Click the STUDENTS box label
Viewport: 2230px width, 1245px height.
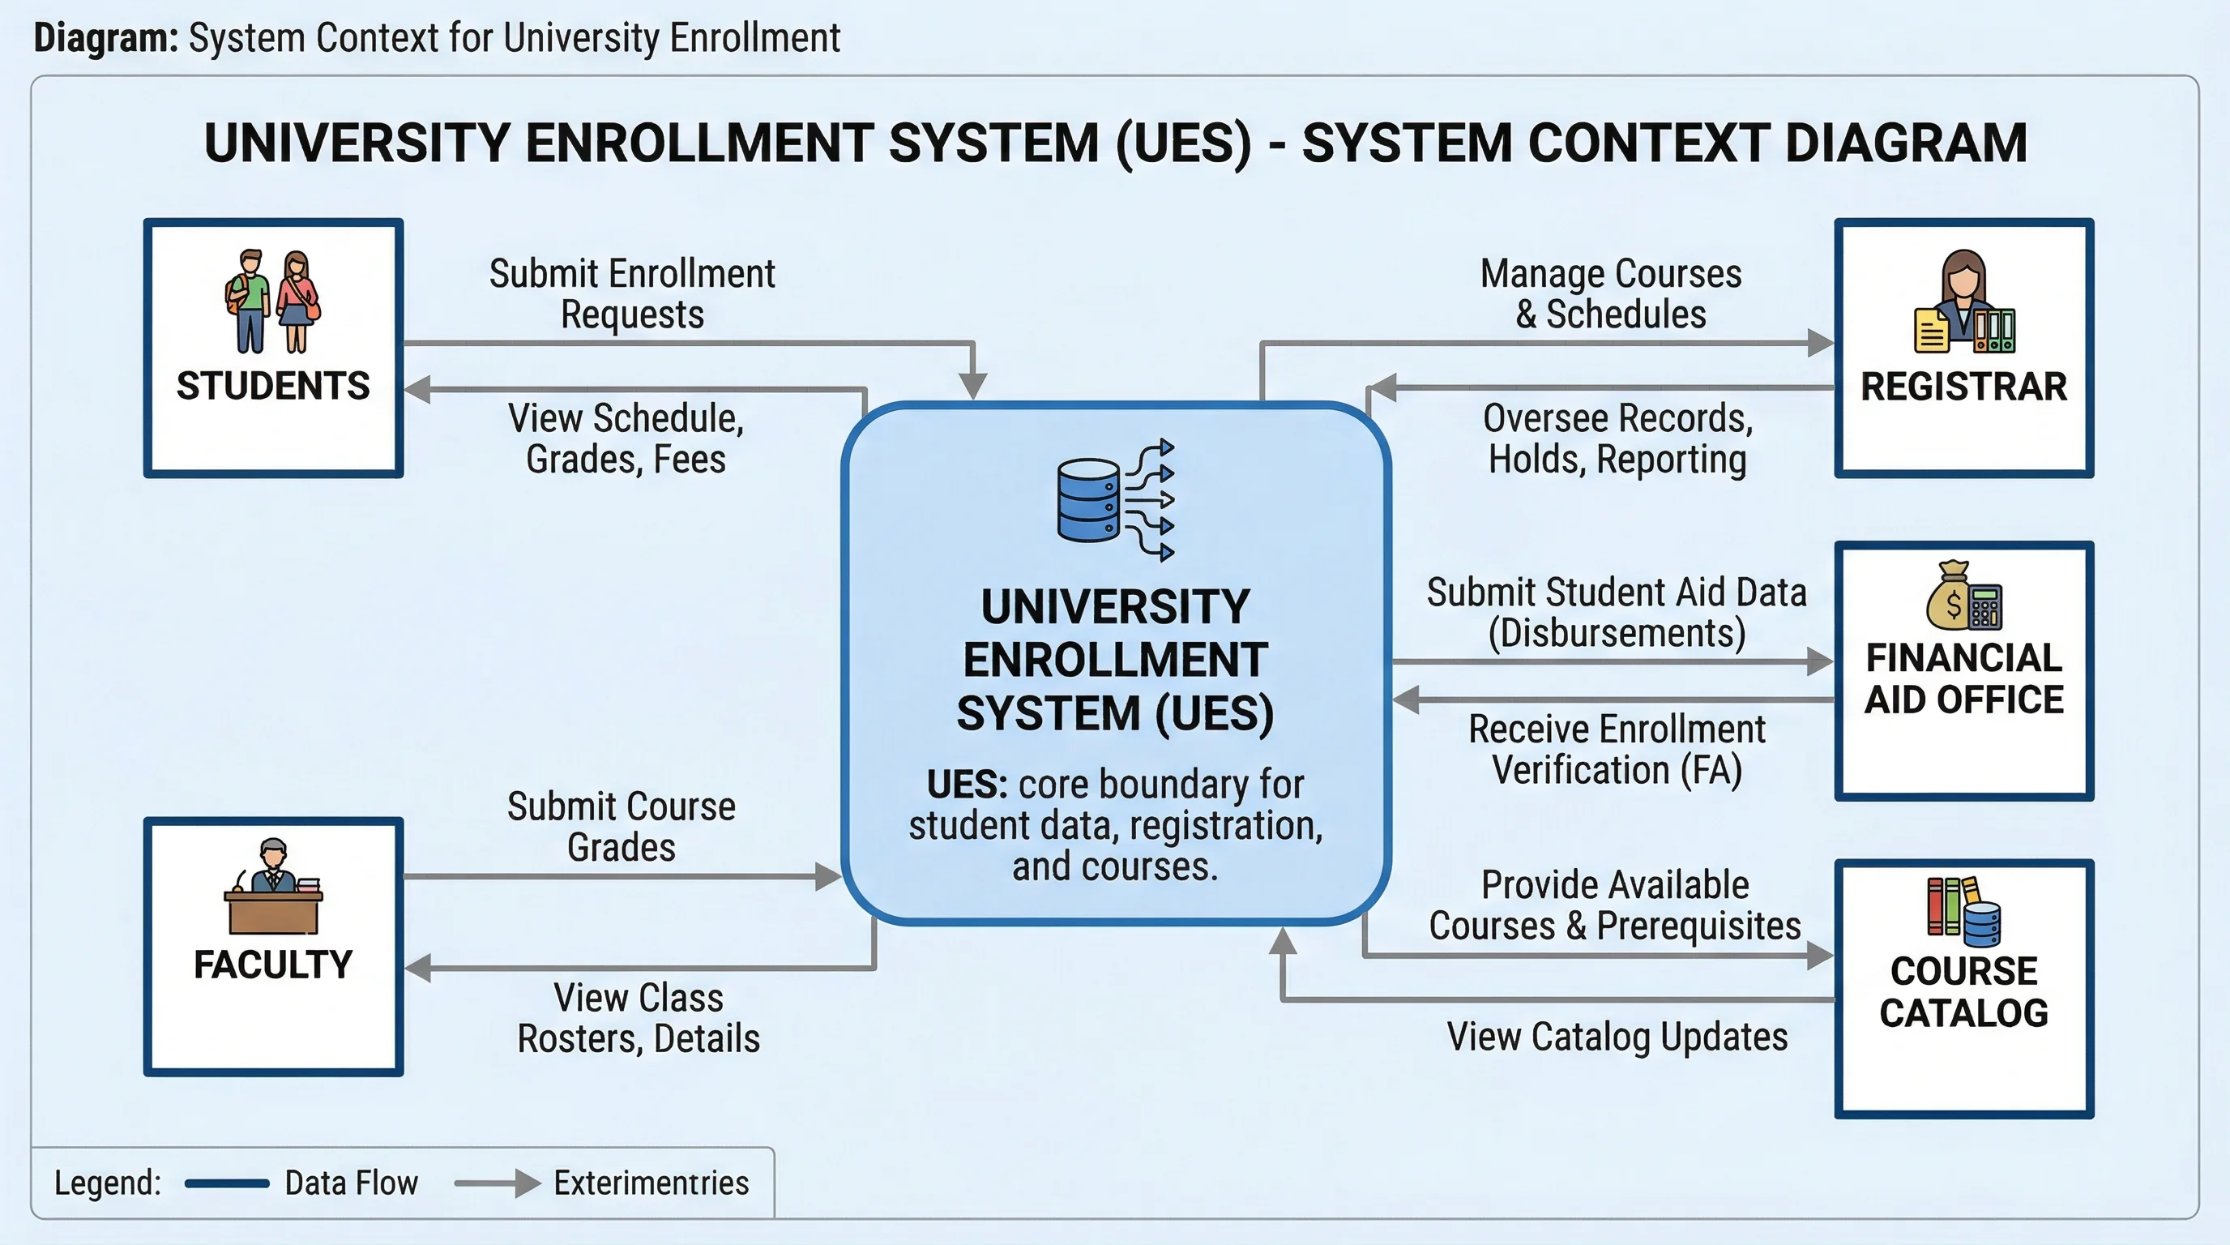pos(273,386)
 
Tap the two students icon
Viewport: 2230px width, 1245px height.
pos(273,302)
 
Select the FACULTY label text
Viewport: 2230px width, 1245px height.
pos(273,965)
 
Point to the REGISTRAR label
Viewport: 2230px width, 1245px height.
pos(1963,386)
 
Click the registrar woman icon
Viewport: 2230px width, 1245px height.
pos(1963,302)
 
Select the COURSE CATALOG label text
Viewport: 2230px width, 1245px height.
pos(1963,992)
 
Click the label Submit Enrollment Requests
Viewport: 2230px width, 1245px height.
pos(632,293)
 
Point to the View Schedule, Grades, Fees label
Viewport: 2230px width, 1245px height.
pos(626,438)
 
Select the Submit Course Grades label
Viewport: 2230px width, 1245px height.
pos(622,826)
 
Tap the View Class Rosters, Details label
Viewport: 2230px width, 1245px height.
pos(639,1017)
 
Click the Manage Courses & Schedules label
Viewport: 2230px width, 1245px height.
pos(1611,293)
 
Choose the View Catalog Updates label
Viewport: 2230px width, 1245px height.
pos(1617,1037)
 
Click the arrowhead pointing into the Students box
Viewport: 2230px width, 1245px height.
pos(418,390)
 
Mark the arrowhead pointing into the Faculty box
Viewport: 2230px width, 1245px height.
pos(418,967)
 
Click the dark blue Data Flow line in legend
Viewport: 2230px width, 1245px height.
pos(227,1183)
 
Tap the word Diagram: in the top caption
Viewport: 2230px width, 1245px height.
pos(105,39)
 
